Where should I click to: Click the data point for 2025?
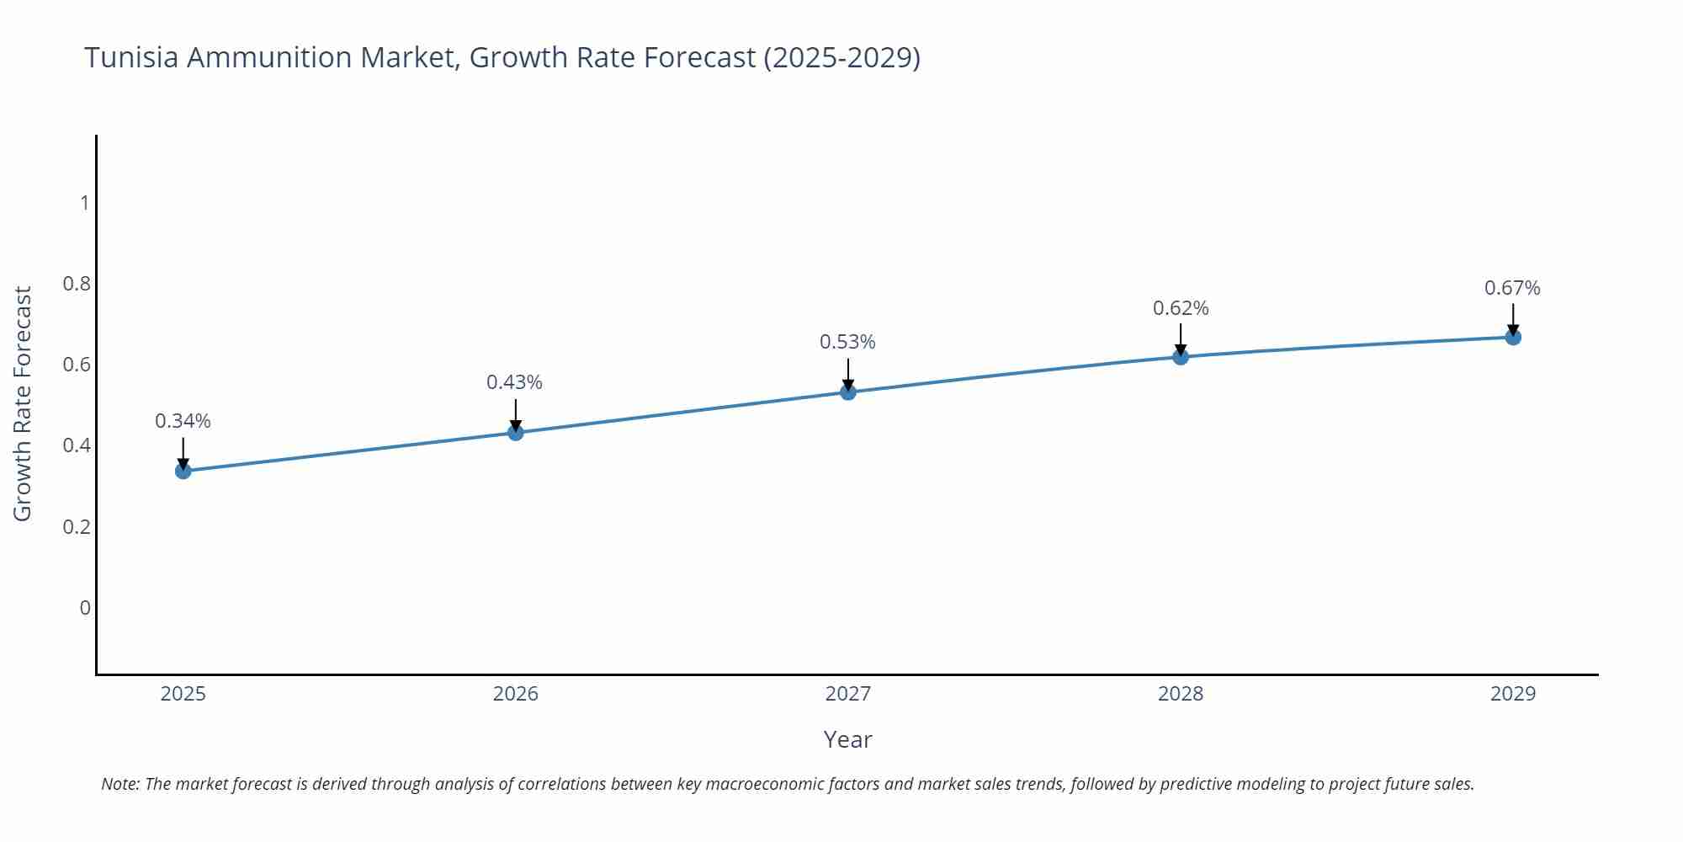(183, 471)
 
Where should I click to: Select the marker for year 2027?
(848, 392)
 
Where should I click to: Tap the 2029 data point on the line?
(1513, 338)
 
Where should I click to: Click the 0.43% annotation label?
(514, 382)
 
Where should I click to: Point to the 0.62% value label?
(1181, 308)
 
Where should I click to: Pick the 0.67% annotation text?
(1512, 288)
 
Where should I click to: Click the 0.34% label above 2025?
(183, 421)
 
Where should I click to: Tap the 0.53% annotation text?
(847, 342)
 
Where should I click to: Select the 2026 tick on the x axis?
(516, 694)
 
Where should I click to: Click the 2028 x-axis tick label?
(1181, 694)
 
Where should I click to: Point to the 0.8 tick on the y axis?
(77, 284)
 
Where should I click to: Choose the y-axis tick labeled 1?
(84, 203)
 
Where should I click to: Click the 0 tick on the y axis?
(84, 608)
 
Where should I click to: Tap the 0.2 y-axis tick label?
(77, 527)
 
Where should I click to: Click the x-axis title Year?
(847, 739)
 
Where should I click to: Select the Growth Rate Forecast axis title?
(23, 404)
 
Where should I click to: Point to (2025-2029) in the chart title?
(841, 57)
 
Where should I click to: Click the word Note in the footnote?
(119, 784)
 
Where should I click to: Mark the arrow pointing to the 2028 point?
(1181, 339)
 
